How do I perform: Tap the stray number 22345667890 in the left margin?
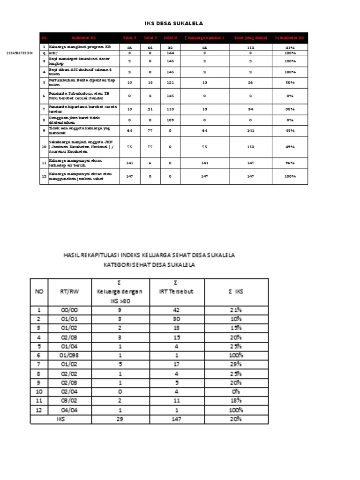point(20,53)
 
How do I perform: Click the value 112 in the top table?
point(251,47)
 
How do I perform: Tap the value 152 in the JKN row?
point(251,147)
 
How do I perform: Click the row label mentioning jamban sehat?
point(80,176)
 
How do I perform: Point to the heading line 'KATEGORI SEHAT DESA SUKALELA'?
point(149,265)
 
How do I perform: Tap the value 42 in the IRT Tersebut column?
point(176,310)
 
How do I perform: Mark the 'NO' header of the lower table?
point(39,291)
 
